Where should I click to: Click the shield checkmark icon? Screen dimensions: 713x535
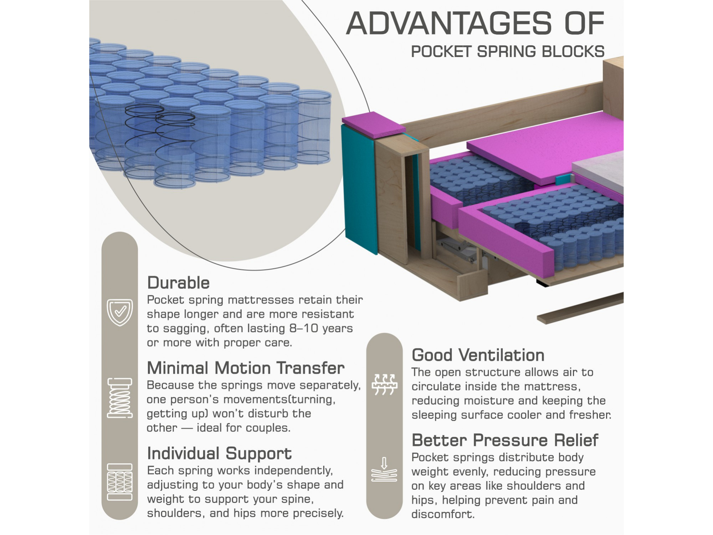point(120,312)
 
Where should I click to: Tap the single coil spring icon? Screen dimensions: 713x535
point(120,398)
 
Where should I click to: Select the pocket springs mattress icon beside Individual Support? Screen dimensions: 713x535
point(120,482)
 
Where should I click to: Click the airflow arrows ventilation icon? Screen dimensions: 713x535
point(384,384)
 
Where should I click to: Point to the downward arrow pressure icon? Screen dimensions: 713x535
point(384,469)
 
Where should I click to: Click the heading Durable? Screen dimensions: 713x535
point(178,283)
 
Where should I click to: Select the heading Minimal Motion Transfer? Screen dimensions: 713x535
point(246,368)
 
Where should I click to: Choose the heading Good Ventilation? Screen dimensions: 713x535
point(478,355)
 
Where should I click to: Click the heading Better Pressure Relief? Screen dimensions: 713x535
point(505,440)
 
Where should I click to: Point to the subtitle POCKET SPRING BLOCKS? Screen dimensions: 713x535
point(508,52)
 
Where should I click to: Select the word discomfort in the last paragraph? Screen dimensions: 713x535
point(443,514)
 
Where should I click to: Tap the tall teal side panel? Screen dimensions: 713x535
point(359,189)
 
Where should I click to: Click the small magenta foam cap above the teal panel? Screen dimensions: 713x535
point(373,125)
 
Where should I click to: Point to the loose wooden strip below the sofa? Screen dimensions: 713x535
point(580,308)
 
